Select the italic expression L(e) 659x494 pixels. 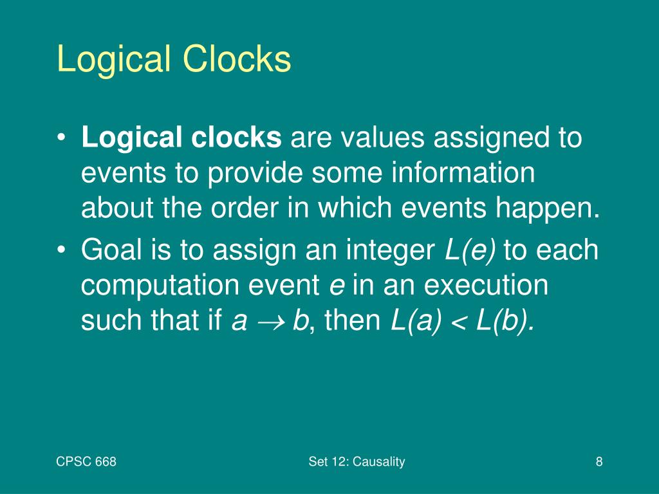coord(470,250)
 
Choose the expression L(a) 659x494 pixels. coord(416,320)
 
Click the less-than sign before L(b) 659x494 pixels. coord(458,321)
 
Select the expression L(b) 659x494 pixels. coord(505,320)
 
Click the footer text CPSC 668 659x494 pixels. coord(86,461)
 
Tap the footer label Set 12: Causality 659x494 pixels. coord(357,461)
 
